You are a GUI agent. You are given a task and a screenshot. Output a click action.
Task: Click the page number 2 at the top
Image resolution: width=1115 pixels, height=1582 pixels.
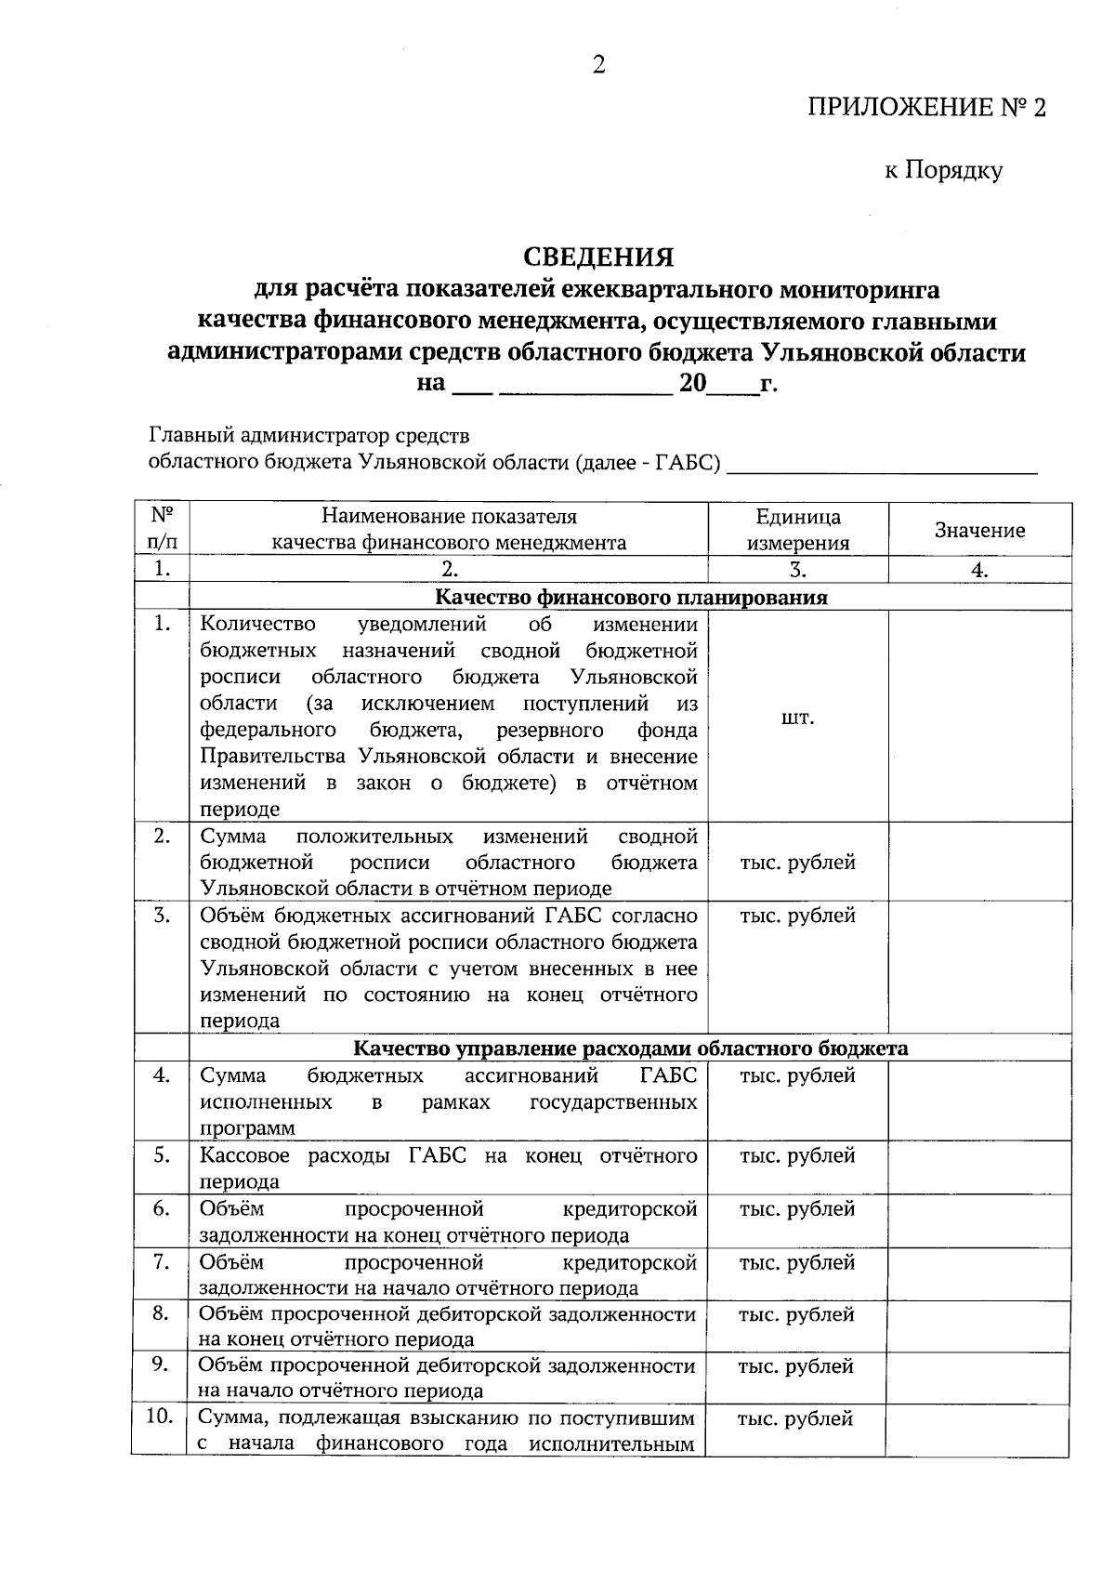[x=598, y=64]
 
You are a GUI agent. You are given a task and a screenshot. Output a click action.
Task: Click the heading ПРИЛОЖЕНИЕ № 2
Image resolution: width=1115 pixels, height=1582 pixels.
[x=925, y=108]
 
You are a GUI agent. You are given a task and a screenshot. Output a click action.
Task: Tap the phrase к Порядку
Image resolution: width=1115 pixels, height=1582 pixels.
[x=942, y=170]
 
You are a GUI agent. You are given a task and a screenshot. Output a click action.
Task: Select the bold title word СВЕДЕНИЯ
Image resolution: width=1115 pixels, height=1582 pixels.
[x=598, y=256]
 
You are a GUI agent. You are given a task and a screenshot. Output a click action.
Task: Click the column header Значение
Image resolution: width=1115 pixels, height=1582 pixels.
[x=979, y=530]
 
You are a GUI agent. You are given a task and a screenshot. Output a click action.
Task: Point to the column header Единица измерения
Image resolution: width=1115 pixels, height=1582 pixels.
[x=797, y=530]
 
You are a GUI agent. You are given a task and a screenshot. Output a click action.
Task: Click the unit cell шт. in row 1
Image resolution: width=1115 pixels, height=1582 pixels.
[x=797, y=718]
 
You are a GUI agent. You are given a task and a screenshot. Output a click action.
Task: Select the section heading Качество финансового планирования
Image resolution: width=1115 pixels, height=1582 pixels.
[x=631, y=597]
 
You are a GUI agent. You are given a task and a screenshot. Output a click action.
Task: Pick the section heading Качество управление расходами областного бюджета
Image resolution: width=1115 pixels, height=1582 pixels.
[x=631, y=1048]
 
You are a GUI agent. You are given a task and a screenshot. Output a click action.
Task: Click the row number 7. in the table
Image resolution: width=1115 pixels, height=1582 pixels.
[x=162, y=1261]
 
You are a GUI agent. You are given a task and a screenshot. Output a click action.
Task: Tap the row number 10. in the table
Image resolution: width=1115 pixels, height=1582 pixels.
[x=161, y=1417]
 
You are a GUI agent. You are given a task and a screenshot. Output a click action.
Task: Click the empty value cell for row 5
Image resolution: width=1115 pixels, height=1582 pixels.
[x=979, y=1167]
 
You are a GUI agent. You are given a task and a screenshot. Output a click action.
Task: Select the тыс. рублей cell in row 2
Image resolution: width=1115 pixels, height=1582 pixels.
[x=797, y=862]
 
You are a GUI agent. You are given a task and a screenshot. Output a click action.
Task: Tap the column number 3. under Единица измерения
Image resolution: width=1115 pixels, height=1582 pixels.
[x=797, y=570]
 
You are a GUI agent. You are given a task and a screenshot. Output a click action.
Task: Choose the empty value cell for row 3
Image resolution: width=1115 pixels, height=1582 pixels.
[x=979, y=967]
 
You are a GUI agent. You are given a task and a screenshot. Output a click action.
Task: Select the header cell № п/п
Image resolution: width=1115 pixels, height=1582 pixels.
[x=162, y=530]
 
